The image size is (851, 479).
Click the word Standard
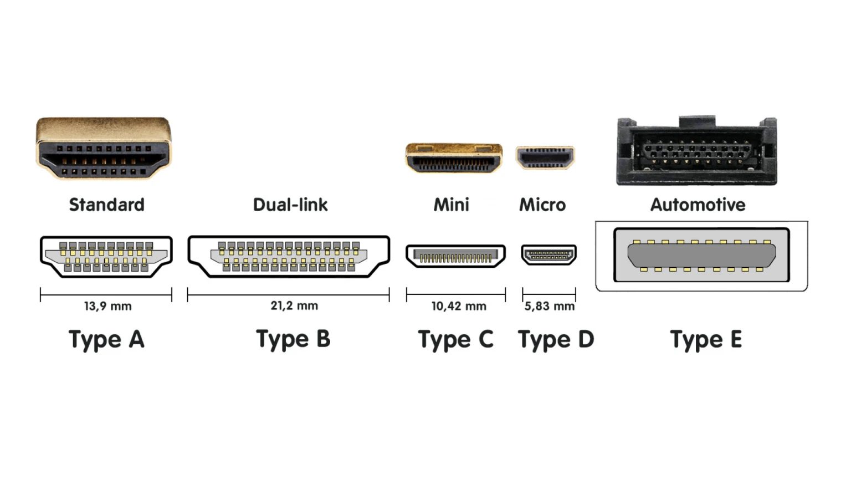pos(106,205)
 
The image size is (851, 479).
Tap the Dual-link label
pos(290,205)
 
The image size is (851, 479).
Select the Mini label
pos(451,205)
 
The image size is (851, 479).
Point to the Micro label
pos(542,205)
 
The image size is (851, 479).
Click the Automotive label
pos(698,205)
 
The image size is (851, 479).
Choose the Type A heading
pos(106,339)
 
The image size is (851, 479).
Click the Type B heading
pos(293,339)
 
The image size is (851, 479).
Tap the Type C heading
pos(455,339)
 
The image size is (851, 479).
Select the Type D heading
pos(556,339)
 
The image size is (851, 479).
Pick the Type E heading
pos(706,339)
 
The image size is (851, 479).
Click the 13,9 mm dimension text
pos(107,306)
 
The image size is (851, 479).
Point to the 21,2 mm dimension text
pos(294,305)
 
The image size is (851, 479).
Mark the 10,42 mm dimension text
pos(459,306)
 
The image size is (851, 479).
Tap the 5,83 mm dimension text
pos(550,306)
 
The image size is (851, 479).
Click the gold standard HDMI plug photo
pos(104,147)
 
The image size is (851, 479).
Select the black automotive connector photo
pos(697,151)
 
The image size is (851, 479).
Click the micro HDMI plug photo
pos(545,157)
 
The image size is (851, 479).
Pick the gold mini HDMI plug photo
pos(454,157)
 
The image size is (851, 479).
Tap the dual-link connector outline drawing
pos(289,256)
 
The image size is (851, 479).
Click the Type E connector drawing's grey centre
pos(701,254)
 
